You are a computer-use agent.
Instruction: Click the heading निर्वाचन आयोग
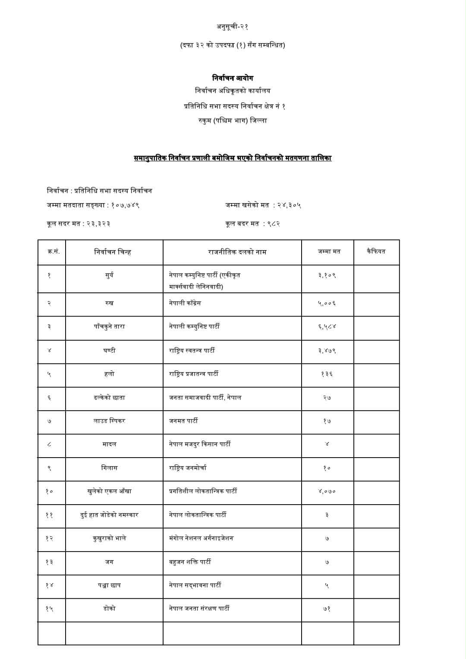coord(233,78)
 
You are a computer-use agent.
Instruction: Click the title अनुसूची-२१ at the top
coord(233,27)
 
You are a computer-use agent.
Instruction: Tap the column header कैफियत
coord(376,251)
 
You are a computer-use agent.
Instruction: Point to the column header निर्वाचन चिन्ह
coord(112,252)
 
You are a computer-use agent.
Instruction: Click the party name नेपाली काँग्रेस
coord(185,303)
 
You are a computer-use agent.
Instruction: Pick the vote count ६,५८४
coord(327,326)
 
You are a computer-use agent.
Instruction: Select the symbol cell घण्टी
coord(109,350)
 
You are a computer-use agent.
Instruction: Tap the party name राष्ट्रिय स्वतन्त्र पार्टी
coord(192,350)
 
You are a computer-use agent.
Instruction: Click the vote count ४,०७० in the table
coord(327,491)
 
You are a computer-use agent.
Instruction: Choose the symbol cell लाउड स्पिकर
coord(109,421)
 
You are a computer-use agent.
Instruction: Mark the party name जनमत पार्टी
coord(183,421)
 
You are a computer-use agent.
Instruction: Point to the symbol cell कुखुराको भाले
coord(109,538)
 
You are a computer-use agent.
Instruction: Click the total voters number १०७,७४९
coord(125,205)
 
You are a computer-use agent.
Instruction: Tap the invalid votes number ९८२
coord(273,224)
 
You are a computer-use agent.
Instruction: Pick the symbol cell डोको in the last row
coord(109,609)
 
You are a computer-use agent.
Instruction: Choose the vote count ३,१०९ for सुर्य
coord(327,275)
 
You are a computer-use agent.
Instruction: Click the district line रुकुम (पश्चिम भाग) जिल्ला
coord(233,120)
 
